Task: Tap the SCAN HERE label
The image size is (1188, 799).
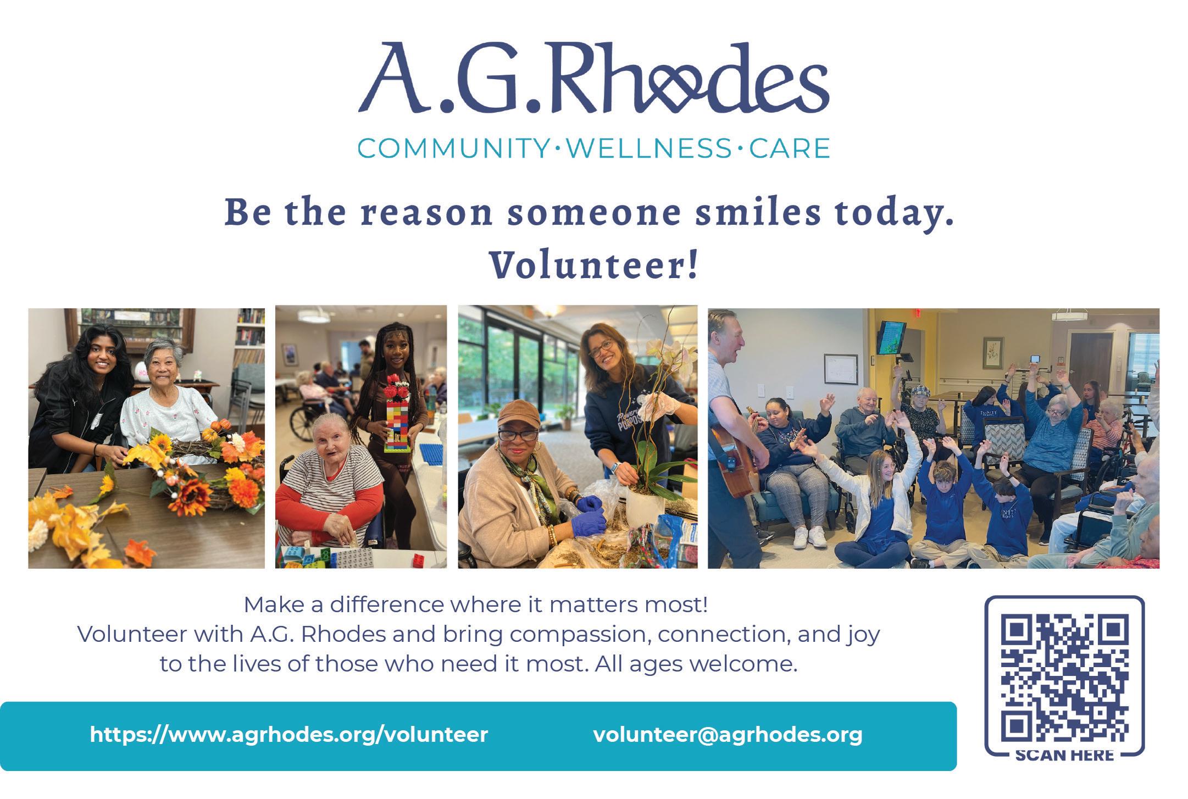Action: click(1064, 755)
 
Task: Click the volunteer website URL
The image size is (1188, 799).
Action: click(288, 735)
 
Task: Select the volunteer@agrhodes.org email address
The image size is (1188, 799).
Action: click(728, 735)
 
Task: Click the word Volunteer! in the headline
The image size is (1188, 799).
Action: click(594, 264)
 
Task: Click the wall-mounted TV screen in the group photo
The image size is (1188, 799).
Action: click(890, 337)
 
